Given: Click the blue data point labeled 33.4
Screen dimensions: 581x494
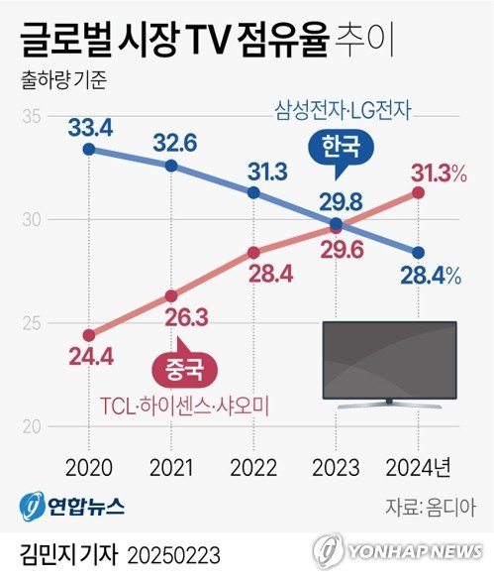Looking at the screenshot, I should coord(89,150).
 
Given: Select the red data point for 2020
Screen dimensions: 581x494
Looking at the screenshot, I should coord(89,334).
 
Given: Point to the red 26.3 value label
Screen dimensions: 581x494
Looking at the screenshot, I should coord(172,318).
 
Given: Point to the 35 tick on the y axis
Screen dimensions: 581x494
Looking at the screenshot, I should coord(30,117).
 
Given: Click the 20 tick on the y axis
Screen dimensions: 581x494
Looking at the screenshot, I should coord(30,427).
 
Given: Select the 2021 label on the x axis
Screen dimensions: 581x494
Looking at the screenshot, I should coord(171,467).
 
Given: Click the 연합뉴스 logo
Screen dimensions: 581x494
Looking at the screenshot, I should coord(72,507).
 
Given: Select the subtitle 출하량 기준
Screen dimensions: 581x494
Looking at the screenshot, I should coord(56,75).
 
